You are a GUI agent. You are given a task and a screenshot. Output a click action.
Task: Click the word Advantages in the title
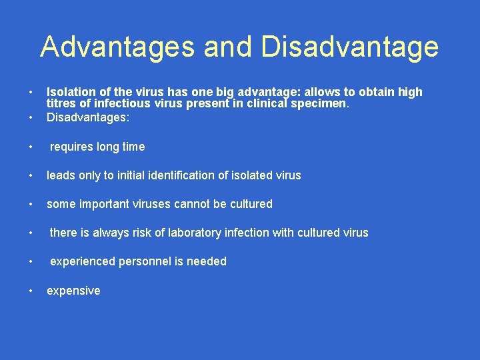(117, 47)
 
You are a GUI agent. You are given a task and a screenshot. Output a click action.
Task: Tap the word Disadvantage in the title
(351, 47)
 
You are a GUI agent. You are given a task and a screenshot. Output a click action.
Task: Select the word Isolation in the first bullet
(69, 92)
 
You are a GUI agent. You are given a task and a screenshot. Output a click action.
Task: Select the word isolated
(250, 175)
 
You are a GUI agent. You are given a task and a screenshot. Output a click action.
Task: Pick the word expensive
(73, 291)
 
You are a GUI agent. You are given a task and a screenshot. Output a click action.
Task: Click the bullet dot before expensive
(31, 291)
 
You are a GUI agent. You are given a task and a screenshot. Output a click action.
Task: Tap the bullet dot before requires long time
(31, 147)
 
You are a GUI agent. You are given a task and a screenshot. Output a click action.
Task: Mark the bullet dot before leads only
(31, 175)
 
